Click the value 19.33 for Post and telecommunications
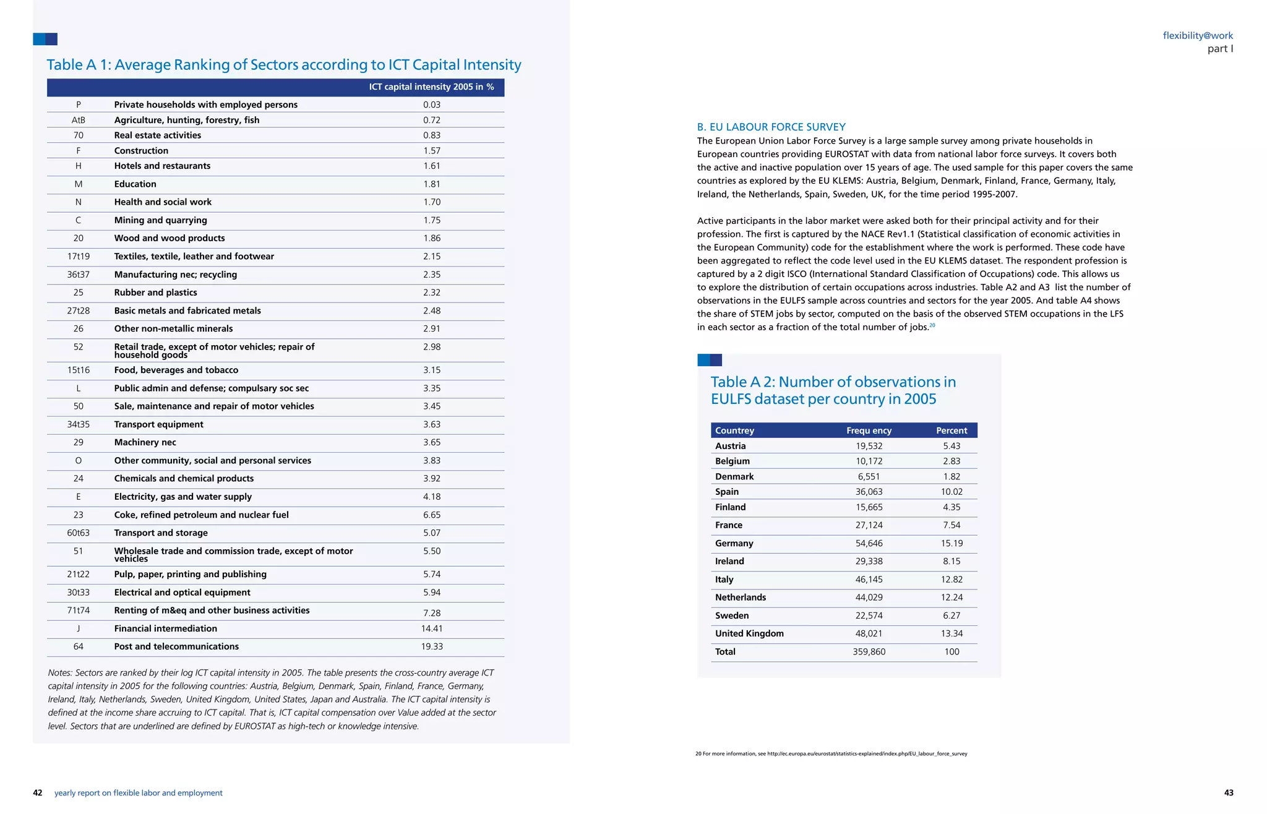pyautogui.click(x=431, y=646)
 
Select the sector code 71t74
pyautogui.click(x=79, y=610)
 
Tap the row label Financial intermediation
pyautogui.click(x=165, y=628)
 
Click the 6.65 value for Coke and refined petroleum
pyautogui.click(x=431, y=515)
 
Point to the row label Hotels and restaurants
pyautogui.click(x=162, y=166)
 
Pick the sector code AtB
pyautogui.click(x=79, y=120)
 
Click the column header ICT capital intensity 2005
pyautogui.click(x=431, y=87)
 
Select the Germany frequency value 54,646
pyautogui.click(x=869, y=543)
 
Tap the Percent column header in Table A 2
pyautogui.click(x=951, y=431)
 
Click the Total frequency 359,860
pyautogui.click(x=869, y=651)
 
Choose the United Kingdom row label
pyautogui.click(x=749, y=633)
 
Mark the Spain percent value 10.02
pyautogui.click(x=951, y=492)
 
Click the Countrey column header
pyautogui.click(x=734, y=431)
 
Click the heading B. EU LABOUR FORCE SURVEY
pyautogui.click(x=771, y=127)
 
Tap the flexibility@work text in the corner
pyautogui.click(x=1197, y=36)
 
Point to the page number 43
pyautogui.click(x=1228, y=793)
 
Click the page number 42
pyautogui.click(x=38, y=793)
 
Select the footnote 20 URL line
pyautogui.click(x=831, y=754)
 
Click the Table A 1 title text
pyautogui.click(x=284, y=65)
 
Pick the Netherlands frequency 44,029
pyautogui.click(x=869, y=598)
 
